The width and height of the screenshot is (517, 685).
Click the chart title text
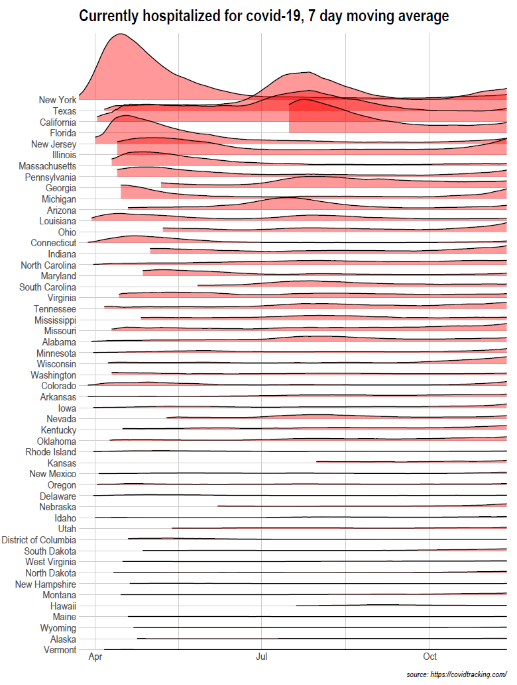click(x=264, y=16)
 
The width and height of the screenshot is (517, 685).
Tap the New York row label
click(x=58, y=100)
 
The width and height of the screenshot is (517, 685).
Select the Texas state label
click(x=64, y=111)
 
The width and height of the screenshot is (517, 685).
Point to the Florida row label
click(x=63, y=133)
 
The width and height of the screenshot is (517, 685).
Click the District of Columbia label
click(x=39, y=540)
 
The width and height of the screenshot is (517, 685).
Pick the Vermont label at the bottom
click(x=60, y=650)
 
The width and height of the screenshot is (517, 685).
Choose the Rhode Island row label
click(x=51, y=452)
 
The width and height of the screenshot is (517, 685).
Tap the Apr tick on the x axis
click(x=95, y=657)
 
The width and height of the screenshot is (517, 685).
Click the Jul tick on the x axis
click(x=262, y=657)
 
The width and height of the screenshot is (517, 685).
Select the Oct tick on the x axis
click(x=430, y=657)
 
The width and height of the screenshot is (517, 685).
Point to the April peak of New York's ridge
click(x=119, y=34)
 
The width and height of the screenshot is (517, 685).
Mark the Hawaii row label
click(x=63, y=606)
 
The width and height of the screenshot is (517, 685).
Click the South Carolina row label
click(x=48, y=287)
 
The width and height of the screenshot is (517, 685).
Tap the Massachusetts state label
click(x=48, y=166)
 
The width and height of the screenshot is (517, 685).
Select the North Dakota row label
click(x=51, y=573)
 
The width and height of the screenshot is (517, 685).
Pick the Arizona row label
click(x=62, y=210)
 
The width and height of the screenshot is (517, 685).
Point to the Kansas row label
click(x=62, y=463)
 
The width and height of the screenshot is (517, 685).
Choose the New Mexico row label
click(x=53, y=474)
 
